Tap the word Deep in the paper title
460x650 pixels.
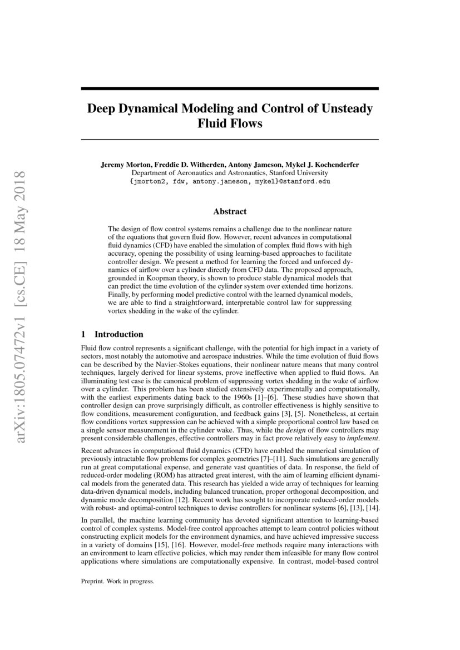(100, 108)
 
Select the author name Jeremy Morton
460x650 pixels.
(123, 165)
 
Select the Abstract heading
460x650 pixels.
(230, 211)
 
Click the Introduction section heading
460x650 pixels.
(118, 334)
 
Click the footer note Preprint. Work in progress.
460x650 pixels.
(117, 582)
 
